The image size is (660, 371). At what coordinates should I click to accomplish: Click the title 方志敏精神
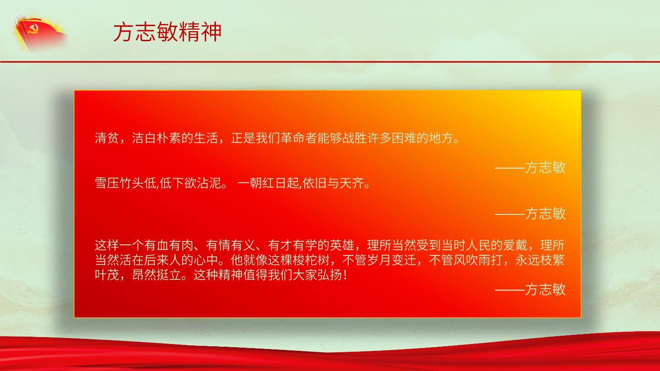pyautogui.click(x=167, y=32)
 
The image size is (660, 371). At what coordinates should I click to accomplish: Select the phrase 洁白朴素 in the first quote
pyautogui.click(x=156, y=138)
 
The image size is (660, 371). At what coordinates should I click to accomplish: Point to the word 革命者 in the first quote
pyautogui.click(x=298, y=138)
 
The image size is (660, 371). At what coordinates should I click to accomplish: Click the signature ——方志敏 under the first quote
pyautogui.click(x=530, y=167)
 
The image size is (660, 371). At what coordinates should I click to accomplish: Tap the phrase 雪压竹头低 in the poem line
pyautogui.click(x=126, y=183)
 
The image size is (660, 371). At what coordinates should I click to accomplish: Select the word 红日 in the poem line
pyautogui.click(x=274, y=183)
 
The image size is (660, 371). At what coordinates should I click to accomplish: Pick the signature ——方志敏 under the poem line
pyautogui.click(x=530, y=213)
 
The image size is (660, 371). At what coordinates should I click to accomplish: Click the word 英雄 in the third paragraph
pyautogui.click(x=342, y=245)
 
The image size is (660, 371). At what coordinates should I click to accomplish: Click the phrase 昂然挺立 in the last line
pyautogui.click(x=156, y=275)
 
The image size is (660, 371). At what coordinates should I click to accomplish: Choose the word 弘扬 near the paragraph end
pyautogui.click(x=330, y=275)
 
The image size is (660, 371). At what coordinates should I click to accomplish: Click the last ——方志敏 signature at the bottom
pyautogui.click(x=530, y=289)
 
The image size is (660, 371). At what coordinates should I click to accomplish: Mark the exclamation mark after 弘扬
pyautogui.click(x=345, y=275)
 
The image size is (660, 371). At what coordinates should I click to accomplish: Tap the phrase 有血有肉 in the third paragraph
pyautogui.click(x=169, y=245)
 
